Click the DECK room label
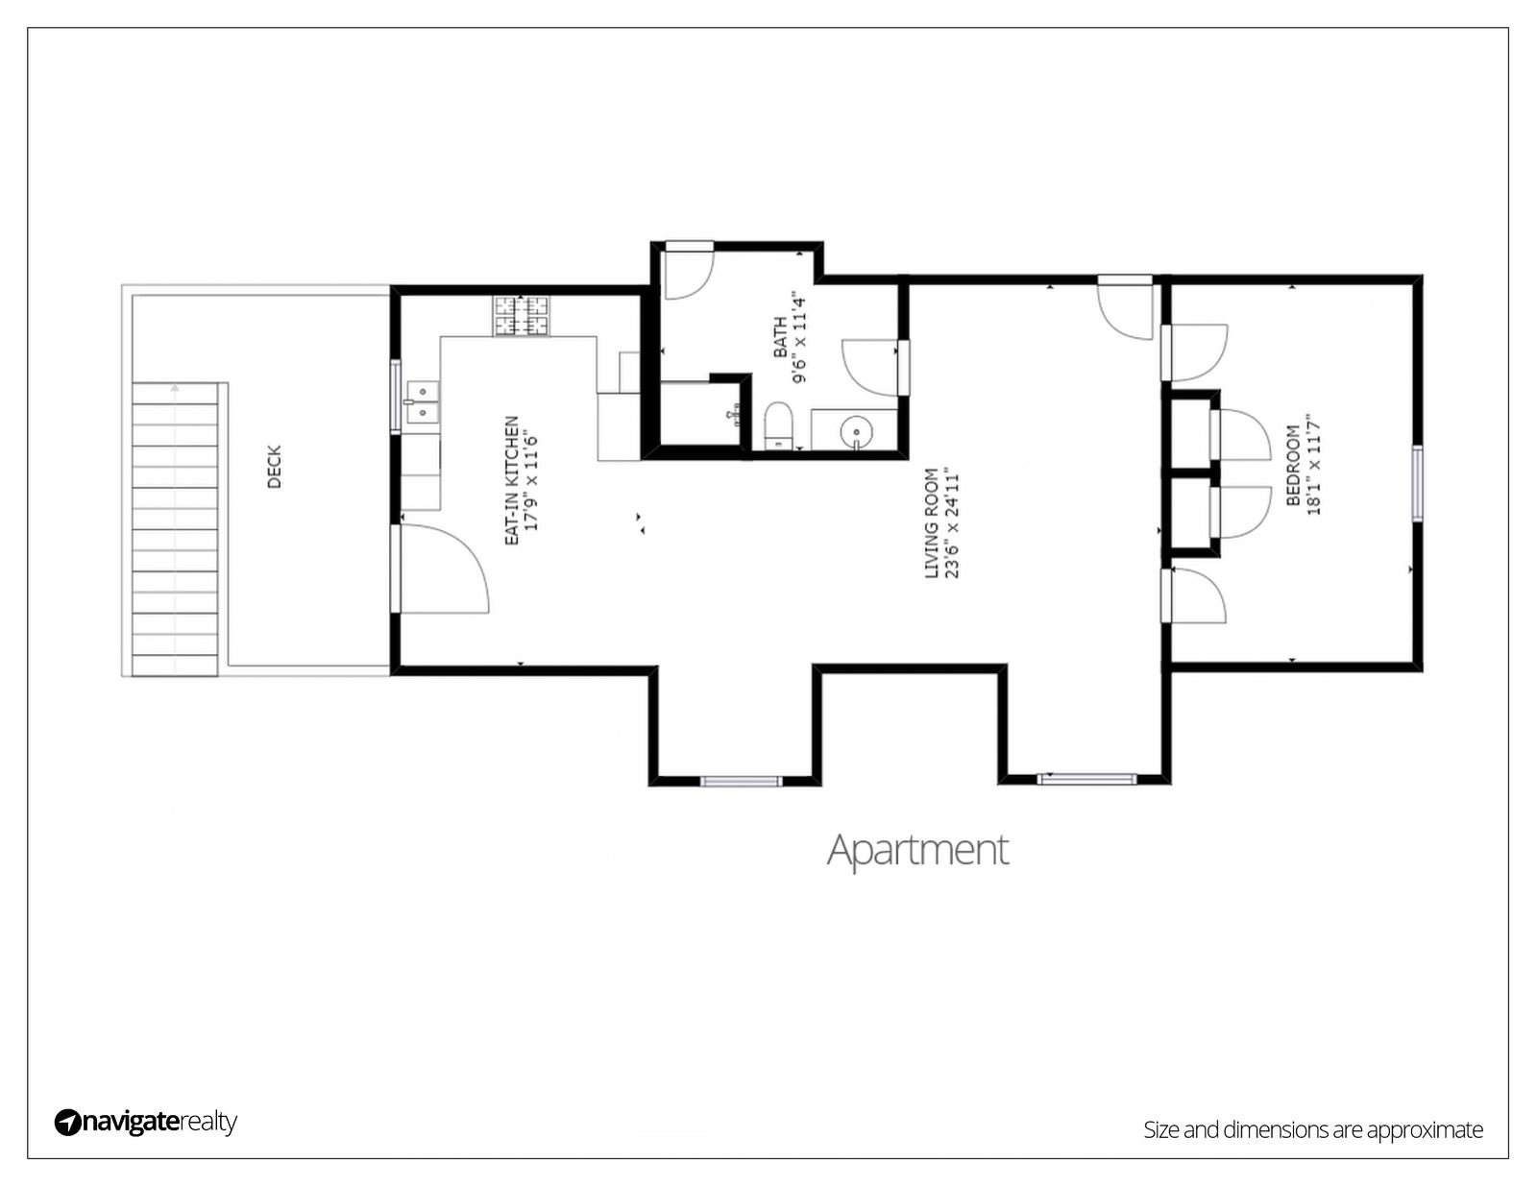click(x=275, y=466)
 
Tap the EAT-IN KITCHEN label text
click(x=511, y=481)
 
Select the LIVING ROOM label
click(x=932, y=523)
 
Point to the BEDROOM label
click(x=1293, y=465)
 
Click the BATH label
click(x=780, y=336)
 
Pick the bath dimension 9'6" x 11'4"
click(x=800, y=336)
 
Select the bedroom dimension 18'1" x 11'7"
click(x=1313, y=465)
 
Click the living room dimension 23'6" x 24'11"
click(x=952, y=523)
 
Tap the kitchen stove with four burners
click(x=522, y=315)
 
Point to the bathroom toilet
click(x=779, y=425)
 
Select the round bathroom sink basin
click(x=856, y=430)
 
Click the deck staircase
click(x=175, y=529)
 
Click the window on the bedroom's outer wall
click(x=1417, y=484)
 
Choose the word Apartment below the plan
click(x=917, y=851)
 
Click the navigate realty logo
click(x=146, y=1122)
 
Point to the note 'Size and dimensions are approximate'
click(x=1313, y=1129)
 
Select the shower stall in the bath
click(x=700, y=414)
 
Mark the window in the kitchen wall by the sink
click(x=396, y=396)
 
